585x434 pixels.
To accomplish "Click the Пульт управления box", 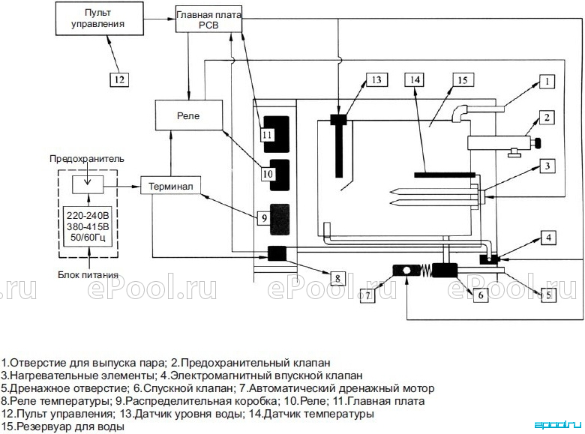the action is (100, 18).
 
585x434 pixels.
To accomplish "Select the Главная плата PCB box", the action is (208, 19).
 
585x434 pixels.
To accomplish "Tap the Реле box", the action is (189, 115).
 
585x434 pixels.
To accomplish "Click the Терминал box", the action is (170, 185).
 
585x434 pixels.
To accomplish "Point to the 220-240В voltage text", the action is (88, 215).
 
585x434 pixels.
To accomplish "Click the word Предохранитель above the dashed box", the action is (87, 159).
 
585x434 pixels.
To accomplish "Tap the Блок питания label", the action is (88, 275).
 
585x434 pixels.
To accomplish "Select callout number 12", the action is (119, 79).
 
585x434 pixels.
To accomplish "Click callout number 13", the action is (376, 79).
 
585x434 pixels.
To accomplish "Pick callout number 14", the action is (415, 79).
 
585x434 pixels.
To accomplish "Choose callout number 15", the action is (463, 79).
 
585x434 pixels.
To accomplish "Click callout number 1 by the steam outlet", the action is (547, 81).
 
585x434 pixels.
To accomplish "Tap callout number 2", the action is (547, 118).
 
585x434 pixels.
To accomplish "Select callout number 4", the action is (548, 238).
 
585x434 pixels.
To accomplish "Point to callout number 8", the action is (337, 278).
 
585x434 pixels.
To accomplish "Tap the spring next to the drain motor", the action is (425, 271).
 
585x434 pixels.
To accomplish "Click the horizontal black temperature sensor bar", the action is (445, 175).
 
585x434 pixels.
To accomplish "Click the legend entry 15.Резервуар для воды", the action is (63, 427).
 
